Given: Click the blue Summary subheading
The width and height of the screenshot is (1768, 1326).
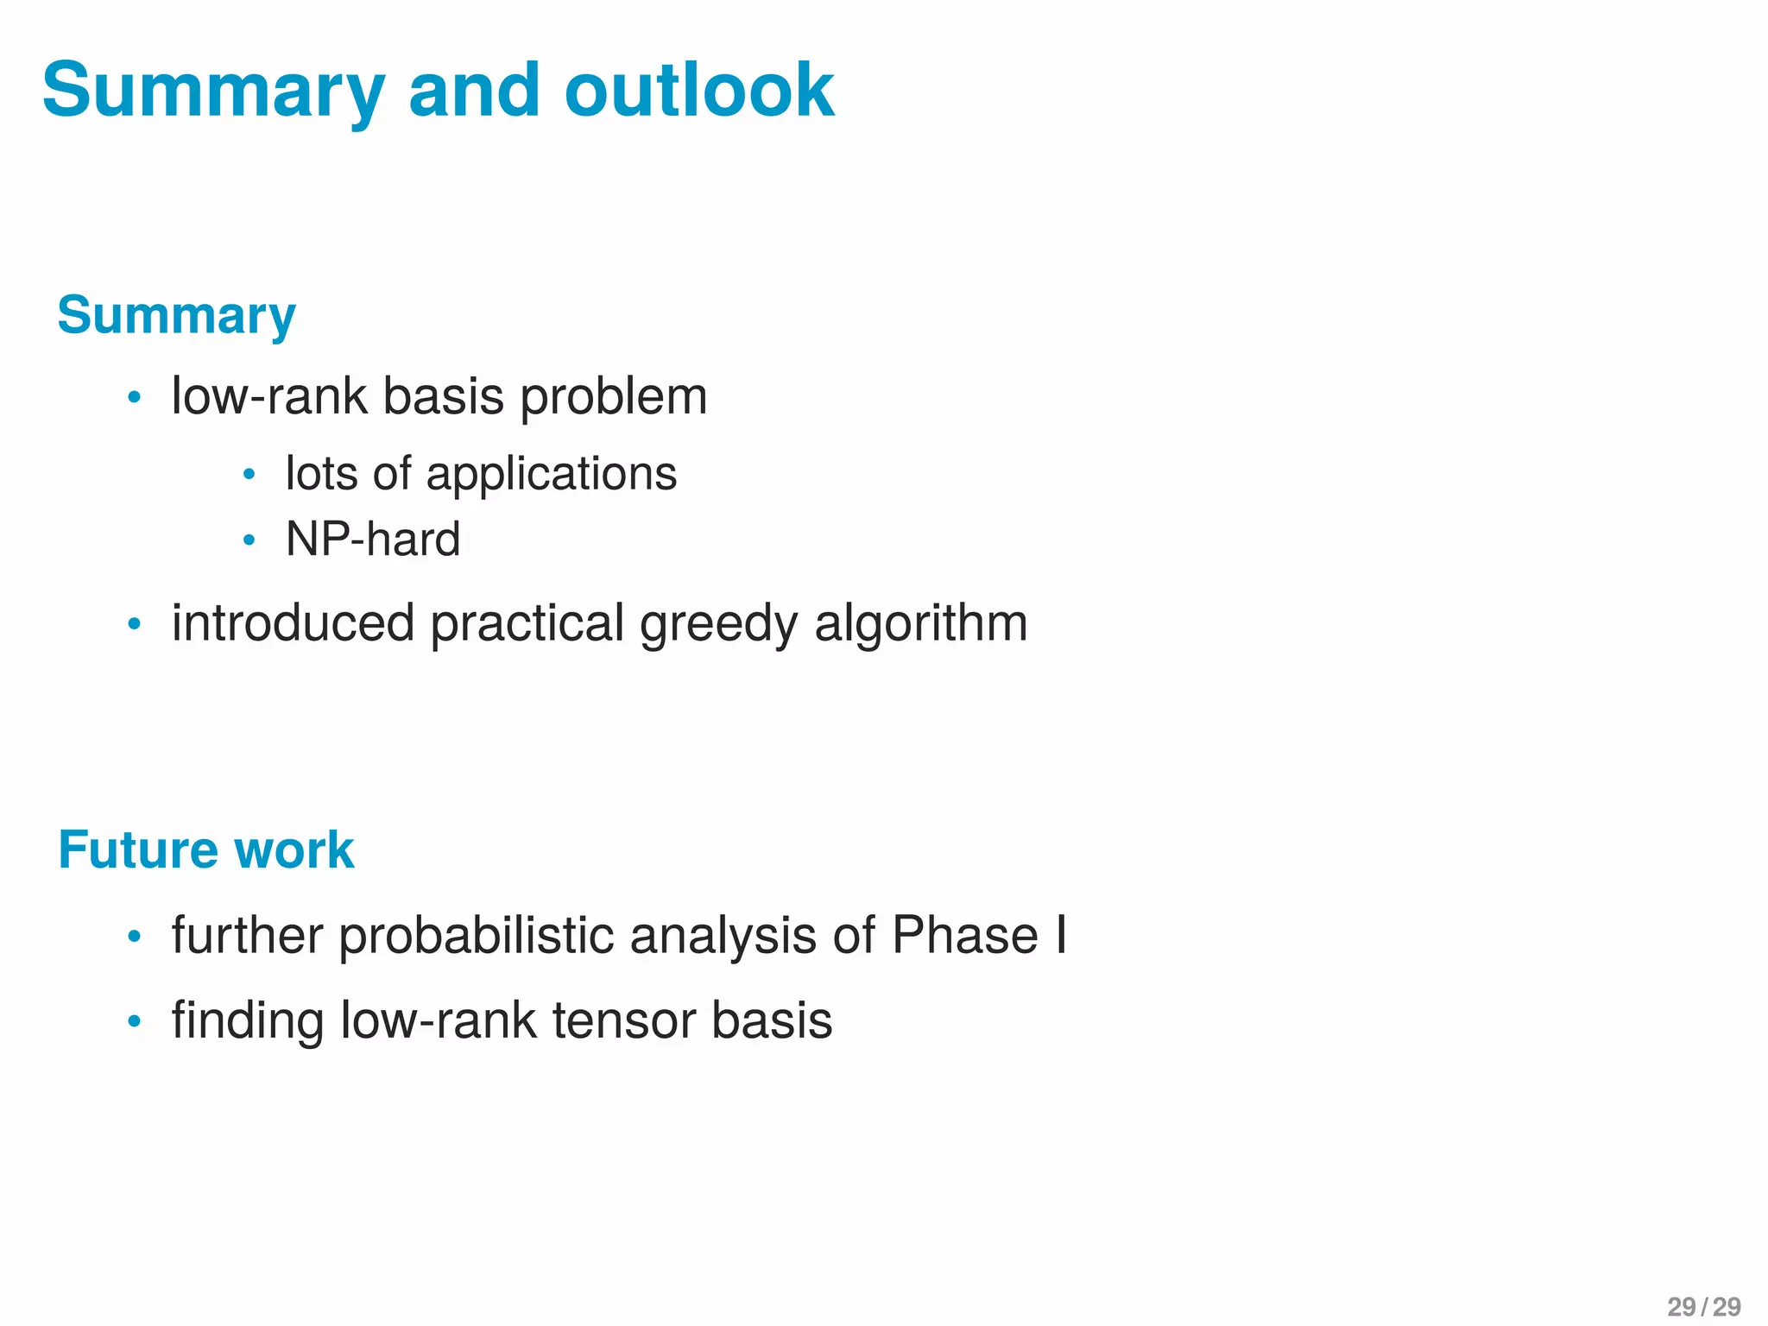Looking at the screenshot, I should [x=176, y=316].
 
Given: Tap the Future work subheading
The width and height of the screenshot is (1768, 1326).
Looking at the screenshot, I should [x=205, y=850].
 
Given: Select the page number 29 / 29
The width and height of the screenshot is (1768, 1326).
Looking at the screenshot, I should [x=1703, y=1306].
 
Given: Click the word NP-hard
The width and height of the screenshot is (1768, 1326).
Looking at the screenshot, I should [x=373, y=540].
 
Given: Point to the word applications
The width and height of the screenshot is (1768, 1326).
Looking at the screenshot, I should [x=551, y=474].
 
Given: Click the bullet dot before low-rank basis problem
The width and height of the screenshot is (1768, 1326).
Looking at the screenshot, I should [x=134, y=398].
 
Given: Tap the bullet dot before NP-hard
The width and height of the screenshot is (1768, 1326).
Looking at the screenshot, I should [x=249, y=541].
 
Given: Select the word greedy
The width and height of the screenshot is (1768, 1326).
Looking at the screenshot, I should [x=718, y=623].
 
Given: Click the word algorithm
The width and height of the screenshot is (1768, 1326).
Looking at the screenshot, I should [x=920, y=623].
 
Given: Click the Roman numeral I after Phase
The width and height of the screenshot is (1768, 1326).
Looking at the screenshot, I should [x=1060, y=936].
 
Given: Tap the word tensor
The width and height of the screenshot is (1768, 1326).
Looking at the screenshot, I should [x=624, y=1020].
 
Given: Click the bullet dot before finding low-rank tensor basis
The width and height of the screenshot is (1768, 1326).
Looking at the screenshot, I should [x=134, y=1022].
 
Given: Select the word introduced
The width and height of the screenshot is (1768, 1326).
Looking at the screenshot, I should [x=293, y=623].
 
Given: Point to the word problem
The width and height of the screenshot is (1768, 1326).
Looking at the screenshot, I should [x=613, y=397].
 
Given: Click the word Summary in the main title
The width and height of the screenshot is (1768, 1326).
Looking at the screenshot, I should [x=212, y=92].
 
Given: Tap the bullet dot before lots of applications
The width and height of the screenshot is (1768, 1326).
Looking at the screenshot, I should [x=249, y=475].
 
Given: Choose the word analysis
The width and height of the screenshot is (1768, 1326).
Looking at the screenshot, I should [x=723, y=936].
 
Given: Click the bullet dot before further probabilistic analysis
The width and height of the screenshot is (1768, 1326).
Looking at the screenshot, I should [x=134, y=938].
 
